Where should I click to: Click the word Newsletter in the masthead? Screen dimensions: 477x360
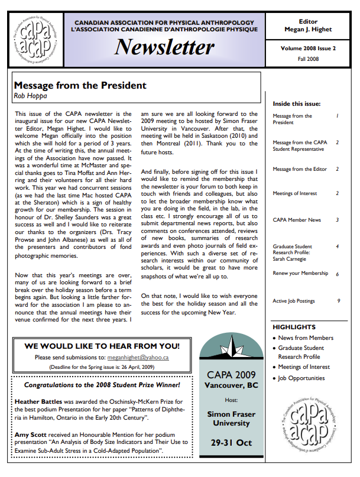click(164, 47)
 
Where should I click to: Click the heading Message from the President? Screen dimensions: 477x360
click(80, 86)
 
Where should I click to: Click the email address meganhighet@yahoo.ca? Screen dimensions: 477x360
click(138, 357)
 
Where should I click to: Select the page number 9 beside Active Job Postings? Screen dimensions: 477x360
click(338, 301)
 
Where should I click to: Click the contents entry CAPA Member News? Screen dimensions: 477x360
click(297, 220)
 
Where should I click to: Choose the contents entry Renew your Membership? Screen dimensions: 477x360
click(300, 274)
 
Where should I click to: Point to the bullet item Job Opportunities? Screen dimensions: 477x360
click(301, 378)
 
